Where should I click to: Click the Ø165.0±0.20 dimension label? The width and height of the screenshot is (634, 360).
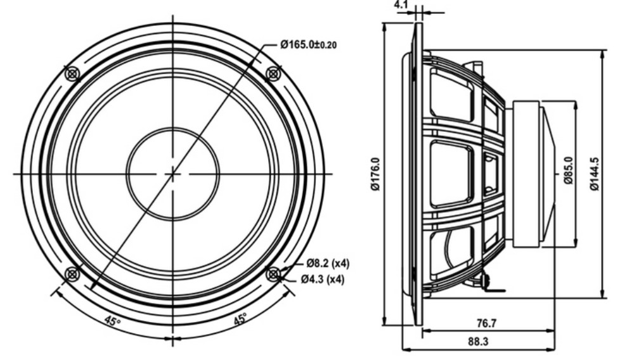point(308,44)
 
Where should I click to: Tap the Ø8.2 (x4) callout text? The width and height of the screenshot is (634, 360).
point(328,264)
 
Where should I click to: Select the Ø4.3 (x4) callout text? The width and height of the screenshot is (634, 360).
point(322,279)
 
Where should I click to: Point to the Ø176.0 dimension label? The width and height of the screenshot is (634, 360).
point(375,174)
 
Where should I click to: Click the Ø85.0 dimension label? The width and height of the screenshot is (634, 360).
point(569,170)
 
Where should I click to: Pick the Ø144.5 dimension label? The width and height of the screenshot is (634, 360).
point(595,174)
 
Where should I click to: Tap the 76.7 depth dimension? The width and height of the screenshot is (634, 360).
point(486,323)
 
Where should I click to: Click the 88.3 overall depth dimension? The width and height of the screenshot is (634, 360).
point(478,342)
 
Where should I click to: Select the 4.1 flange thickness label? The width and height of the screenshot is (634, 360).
point(401,4)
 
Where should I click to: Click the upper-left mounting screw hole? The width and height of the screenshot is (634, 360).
point(73,74)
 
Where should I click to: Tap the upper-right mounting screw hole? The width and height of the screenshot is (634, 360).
point(274,74)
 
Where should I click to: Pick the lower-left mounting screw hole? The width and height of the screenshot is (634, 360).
point(73,274)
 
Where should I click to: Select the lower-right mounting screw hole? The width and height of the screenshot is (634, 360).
point(274,274)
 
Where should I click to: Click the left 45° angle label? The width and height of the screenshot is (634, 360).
point(112,321)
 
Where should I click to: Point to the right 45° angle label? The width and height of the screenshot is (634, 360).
point(240,319)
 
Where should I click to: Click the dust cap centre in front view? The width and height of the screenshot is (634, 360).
point(173,174)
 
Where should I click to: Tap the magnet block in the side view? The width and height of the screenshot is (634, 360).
point(526,174)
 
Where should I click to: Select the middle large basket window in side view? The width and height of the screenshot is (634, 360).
point(451,174)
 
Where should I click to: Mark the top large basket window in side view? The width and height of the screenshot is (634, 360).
point(451,96)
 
